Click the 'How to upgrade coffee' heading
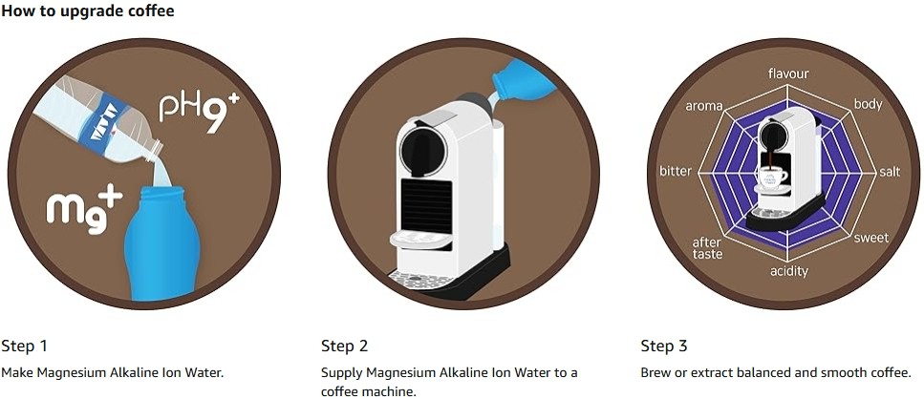click(87, 11)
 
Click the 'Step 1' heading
click(24, 346)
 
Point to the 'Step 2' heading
click(344, 346)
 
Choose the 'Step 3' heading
click(664, 346)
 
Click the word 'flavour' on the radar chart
click(788, 73)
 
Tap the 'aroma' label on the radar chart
click(703, 106)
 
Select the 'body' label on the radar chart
click(868, 104)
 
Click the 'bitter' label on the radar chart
click(676, 171)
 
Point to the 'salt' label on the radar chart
click(890, 171)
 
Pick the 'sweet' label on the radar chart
click(870, 238)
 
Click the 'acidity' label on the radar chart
click(789, 271)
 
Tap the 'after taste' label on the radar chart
click(707, 248)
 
